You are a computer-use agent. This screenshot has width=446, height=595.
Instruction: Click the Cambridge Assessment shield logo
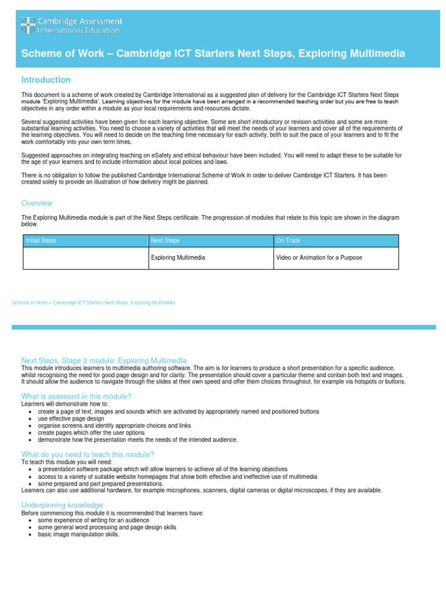click(28, 25)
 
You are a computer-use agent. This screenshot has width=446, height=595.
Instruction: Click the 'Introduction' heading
click(46, 80)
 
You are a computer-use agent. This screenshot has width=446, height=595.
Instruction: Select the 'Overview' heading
click(37, 203)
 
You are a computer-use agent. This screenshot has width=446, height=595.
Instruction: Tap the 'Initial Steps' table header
click(41, 241)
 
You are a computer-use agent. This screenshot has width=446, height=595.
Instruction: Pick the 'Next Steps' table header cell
click(165, 241)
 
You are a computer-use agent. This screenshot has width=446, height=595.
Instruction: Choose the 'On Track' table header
click(288, 241)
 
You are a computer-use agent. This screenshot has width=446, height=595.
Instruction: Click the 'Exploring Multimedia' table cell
click(178, 257)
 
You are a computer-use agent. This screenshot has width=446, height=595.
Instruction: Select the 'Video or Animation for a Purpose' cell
click(319, 257)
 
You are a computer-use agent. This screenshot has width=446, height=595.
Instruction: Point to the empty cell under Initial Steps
click(85, 258)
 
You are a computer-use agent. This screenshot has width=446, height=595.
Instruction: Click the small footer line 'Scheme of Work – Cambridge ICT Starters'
click(93, 303)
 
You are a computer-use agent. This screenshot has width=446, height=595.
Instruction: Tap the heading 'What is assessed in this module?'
click(76, 396)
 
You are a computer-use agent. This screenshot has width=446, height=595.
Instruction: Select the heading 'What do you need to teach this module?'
click(87, 454)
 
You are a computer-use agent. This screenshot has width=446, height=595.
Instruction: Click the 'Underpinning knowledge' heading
click(62, 506)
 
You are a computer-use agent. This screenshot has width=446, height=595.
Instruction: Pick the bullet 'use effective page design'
click(71, 418)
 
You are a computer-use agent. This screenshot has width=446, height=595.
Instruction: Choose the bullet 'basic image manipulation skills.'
click(78, 535)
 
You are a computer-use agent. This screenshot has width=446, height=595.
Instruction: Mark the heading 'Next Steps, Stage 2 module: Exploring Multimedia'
click(104, 360)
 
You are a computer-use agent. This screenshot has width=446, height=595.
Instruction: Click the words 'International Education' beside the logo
click(78, 30)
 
